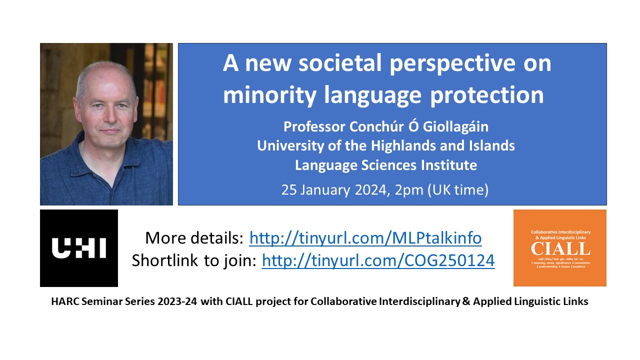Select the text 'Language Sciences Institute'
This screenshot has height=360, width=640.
(385, 164)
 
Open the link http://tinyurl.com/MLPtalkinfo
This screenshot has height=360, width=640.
(365, 238)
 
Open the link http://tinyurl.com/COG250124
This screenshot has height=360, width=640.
(378, 260)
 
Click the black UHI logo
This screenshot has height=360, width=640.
(79, 248)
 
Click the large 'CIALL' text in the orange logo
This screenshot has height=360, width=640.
(560, 248)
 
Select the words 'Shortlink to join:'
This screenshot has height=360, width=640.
(194, 260)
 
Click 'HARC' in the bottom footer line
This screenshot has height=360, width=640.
(62, 302)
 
